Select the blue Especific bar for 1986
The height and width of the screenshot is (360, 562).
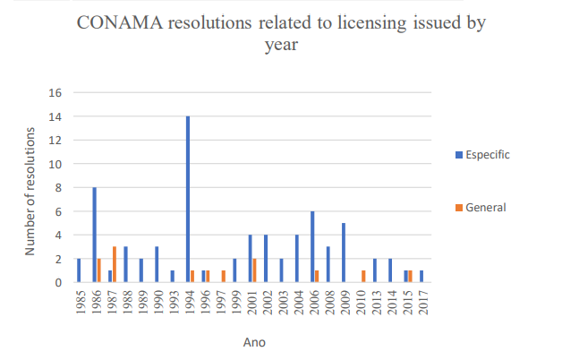[x=95, y=235]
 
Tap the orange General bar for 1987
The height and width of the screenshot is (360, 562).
[x=115, y=264]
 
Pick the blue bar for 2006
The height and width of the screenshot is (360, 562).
[x=312, y=246]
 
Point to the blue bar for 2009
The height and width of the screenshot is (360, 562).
[x=344, y=253]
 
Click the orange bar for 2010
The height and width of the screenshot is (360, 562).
[x=363, y=276]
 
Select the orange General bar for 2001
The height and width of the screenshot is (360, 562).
[x=255, y=270]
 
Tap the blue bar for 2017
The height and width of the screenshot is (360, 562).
[x=421, y=276]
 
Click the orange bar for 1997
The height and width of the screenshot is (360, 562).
[x=224, y=276]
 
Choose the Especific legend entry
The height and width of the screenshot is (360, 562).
[x=483, y=154]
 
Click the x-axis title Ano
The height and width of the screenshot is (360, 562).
[x=253, y=341]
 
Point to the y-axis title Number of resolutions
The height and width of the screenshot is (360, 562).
[x=30, y=191]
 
